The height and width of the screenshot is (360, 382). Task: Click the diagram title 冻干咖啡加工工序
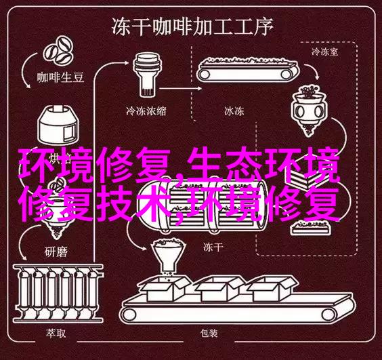click(x=192, y=27)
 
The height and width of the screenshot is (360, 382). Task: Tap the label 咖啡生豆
click(x=60, y=77)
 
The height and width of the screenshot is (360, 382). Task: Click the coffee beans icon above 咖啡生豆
click(x=59, y=52)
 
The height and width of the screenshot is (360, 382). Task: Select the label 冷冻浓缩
click(x=146, y=111)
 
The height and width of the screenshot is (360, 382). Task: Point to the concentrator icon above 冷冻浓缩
click(x=147, y=75)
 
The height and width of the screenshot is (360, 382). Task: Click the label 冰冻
click(x=234, y=111)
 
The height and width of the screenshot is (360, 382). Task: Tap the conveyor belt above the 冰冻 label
click(x=248, y=70)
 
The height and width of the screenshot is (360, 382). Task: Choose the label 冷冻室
click(x=324, y=52)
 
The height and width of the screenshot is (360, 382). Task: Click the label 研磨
click(x=56, y=252)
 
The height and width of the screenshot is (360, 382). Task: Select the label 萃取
click(x=56, y=333)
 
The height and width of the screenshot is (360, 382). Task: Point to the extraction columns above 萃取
click(x=59, y=292)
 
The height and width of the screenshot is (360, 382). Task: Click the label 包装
click(x=209, y=333)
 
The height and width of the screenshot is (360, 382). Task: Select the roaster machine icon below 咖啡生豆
click(x=58, y=125)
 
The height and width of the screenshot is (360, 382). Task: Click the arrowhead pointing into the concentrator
click(x=126, y=62)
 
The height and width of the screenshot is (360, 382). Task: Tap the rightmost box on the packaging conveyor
click(x=273, y=289)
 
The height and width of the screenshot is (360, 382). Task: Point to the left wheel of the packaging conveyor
click(x=129, y=315)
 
